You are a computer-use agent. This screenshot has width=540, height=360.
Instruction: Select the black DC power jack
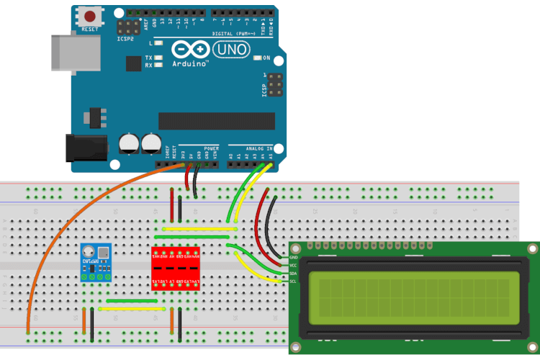pyautogui.click(x=85, y=148)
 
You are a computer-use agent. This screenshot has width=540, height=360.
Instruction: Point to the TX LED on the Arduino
pyautogui.click(x=158, y=57)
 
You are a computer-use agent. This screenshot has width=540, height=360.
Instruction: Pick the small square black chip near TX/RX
pyautogui.click(x=133, y=64)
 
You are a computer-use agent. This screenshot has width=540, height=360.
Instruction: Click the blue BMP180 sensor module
pyautogui.click(x=96, y=262)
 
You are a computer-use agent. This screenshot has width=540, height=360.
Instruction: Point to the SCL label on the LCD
pyautogui.click(x=293, y=281)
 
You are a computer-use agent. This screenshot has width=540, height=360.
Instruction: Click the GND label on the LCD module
pyautogui.click(x=293, y=257)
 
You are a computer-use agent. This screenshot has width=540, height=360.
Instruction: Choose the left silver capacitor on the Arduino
pyautogui.click(x=130, y=142)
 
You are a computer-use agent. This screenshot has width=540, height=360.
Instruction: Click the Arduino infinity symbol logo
pyautogui.click(x=190, y=50)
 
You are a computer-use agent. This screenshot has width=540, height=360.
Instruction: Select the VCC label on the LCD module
pyautogui.click(x=293, y=265)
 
